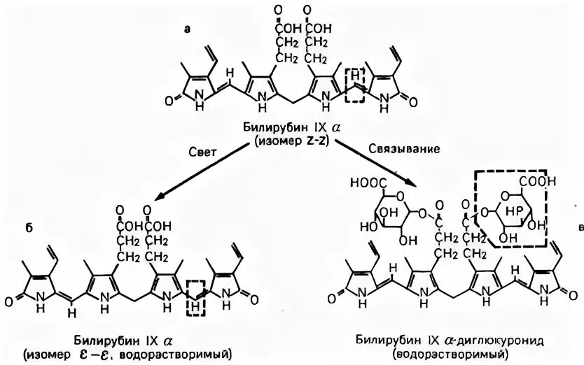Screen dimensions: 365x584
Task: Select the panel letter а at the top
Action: click(x=186, y=29)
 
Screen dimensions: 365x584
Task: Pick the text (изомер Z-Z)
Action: click(x=291, y=141)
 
